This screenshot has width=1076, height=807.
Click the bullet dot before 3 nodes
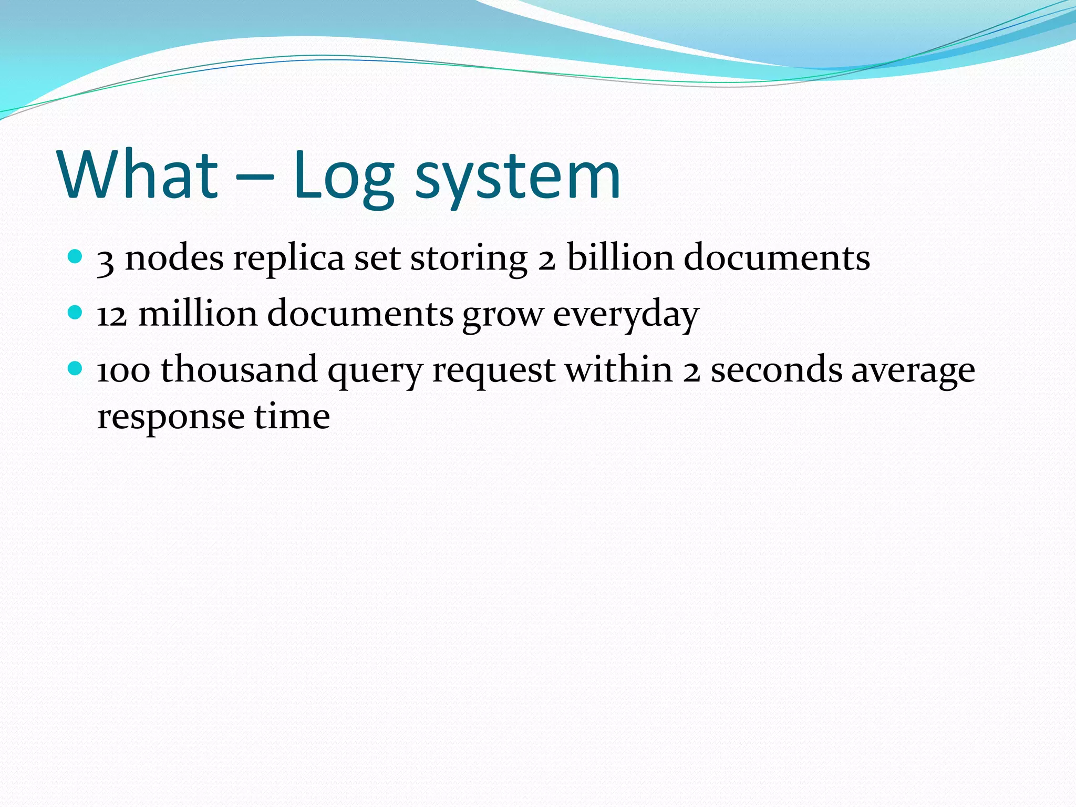(76, 257)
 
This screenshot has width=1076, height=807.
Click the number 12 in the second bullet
(112, 314)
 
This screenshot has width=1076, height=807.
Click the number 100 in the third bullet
(123, 370)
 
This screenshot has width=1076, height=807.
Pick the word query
(375, 372)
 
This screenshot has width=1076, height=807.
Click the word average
(913, 372)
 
